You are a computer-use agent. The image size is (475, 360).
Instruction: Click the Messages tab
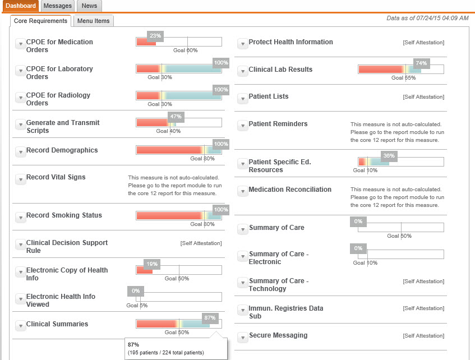coord(58,6)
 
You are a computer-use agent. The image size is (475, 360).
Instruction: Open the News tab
coord(89,6)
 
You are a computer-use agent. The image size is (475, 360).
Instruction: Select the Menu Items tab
coord(94,21)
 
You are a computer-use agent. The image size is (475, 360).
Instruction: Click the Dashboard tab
coord(20,6)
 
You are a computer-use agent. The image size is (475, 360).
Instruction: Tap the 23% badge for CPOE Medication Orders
coord(155,36)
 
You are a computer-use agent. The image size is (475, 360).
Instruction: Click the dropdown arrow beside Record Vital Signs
coord(20,179)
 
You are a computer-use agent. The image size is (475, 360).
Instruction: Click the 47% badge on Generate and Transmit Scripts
coord(176,117)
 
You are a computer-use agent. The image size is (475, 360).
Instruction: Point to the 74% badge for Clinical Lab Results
coord(421,63)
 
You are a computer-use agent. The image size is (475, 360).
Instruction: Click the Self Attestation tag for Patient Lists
coord(423,97)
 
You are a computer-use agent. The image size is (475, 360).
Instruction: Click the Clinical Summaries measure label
coord(57,324)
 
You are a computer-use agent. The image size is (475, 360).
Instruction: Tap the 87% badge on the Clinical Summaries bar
coord(210,317)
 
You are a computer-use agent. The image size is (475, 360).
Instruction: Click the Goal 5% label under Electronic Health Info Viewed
coord(137,306)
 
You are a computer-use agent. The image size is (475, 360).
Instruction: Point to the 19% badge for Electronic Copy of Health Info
coord(152,264)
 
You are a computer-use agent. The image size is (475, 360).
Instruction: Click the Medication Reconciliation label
coord(290,190)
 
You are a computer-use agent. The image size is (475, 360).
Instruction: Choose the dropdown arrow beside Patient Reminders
coord(242,126)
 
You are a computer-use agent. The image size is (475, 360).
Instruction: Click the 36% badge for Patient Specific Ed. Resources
coord(388,156)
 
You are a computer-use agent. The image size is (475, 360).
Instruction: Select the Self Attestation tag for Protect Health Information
coord(423,43)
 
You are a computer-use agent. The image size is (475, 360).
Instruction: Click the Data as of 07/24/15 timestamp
coord(427,18)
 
